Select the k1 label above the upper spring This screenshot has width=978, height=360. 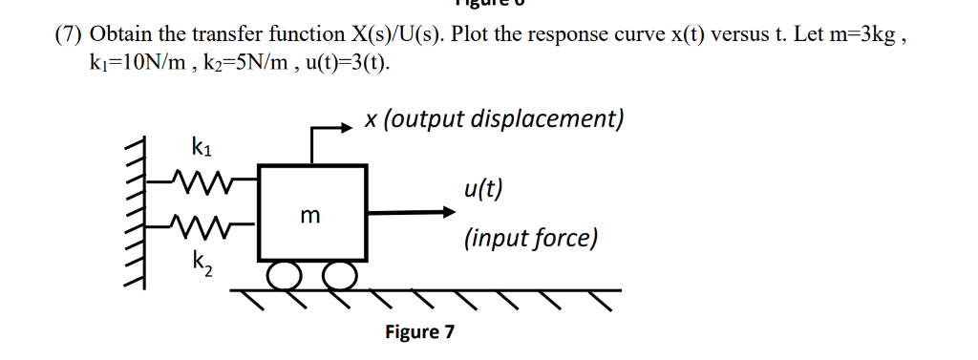click(x=202, y=148)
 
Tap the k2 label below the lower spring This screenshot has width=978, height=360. click(x=202, y=260)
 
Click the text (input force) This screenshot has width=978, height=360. click(x=531, y=238)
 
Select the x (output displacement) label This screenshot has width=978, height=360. click(x=494, y=119)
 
